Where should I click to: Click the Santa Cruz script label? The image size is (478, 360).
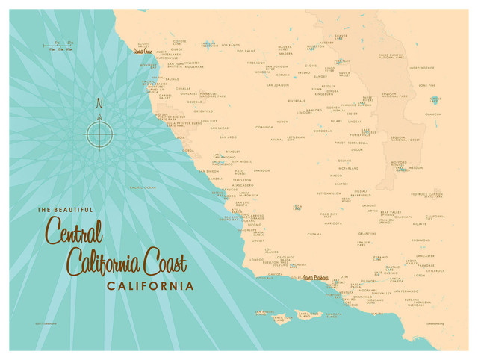coord(141,51)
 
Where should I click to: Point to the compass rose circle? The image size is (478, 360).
coord(99,134)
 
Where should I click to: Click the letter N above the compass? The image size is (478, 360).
coord(99,104)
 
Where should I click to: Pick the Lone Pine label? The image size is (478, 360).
coord(427,85)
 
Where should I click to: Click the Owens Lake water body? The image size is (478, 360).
coord(435,99)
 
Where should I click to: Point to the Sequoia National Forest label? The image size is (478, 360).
coord(403,139)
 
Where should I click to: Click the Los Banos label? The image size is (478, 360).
coord(230,45)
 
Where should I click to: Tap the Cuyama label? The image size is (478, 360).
coord(314,234)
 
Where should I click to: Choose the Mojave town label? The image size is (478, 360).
coord(419,223)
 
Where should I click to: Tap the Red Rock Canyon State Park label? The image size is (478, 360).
coord(426,195)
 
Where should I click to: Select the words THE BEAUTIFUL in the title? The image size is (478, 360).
coord(65,210)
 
